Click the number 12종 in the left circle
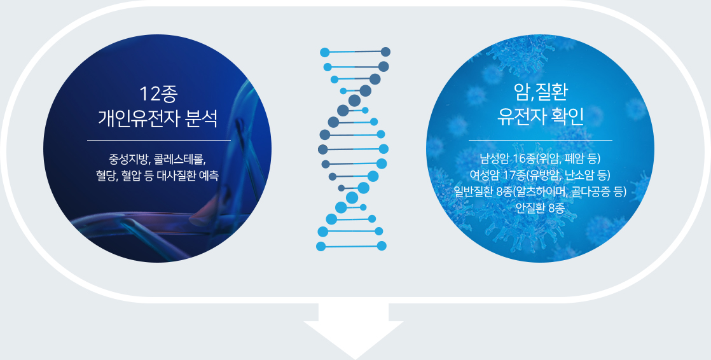pos(158,94)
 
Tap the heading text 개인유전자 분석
pos(158,118)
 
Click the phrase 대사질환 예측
pos(188,175)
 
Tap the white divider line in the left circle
pos(159,141)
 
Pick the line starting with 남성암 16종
pos(540,158)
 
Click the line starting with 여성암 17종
pos(540,175)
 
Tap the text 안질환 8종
pos(540,207)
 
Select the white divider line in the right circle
pos(540,141)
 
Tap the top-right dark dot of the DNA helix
pos(385,52)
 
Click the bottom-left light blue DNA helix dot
pos(321,247)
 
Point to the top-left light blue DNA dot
pos(325,53)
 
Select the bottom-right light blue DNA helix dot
pos(382,246)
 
